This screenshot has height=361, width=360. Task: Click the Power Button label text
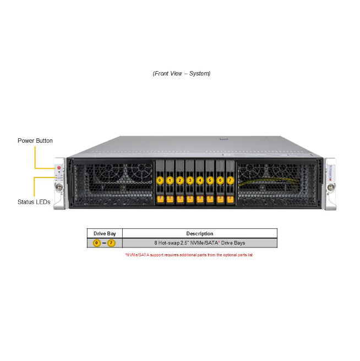[35, 141]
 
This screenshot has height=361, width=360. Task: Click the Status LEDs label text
[34, 202]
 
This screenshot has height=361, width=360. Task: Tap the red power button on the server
[59, 167]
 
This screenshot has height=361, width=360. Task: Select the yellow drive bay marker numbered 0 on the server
[160, 180]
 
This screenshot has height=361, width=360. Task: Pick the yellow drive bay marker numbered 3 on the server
[190, 180]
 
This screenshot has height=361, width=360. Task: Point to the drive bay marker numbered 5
[210, 180]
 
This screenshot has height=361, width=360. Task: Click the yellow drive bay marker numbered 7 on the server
[230, 180]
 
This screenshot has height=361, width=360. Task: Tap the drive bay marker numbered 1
[170, 180]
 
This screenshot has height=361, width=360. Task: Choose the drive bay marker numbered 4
[200, 180]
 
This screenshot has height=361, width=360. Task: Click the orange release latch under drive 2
[180, 198]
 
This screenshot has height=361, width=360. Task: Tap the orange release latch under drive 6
[220, 198]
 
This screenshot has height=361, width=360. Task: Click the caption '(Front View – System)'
[182, 73]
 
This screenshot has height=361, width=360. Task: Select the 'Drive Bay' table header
[105, 234]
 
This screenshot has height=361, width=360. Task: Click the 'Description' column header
[199, 234]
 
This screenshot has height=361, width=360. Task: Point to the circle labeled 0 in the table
[97, 243]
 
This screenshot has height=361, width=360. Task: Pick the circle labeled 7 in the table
[111, 243]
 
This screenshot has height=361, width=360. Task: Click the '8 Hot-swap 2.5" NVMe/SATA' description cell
[199, 243]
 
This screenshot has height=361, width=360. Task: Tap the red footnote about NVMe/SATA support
[189, 255]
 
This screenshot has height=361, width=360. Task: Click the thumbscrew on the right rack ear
[330, 187]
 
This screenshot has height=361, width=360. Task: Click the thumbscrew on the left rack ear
[59, 187]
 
